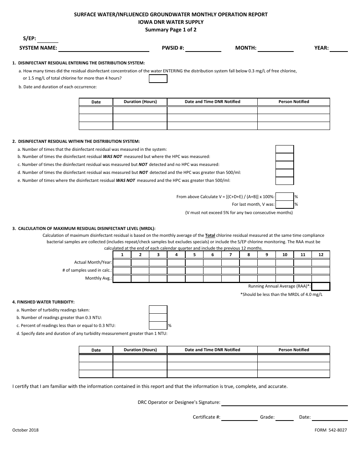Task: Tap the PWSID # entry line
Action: click(203, 48)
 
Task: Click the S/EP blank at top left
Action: click(48, 39)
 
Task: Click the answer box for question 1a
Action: click(158, 79)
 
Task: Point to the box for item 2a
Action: click(285, 149)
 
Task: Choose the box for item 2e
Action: click(285, 181)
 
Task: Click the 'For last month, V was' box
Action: click(285, 205)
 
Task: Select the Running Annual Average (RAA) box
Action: click(321, 286)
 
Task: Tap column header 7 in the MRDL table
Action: click(230, 255)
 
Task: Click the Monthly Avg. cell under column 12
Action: click(321, 278)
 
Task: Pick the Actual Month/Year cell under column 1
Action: click(122, 263)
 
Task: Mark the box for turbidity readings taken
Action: click(158, 310)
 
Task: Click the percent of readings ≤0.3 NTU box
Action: click(158, 325)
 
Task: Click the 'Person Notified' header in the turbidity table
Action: click(294, 350)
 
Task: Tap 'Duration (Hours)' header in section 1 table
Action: click(140, 102)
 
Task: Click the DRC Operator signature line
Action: click(284, 403)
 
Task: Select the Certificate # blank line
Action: click(239, 418)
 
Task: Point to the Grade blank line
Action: click(285, 418)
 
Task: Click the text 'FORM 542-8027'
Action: click(330, 430)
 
